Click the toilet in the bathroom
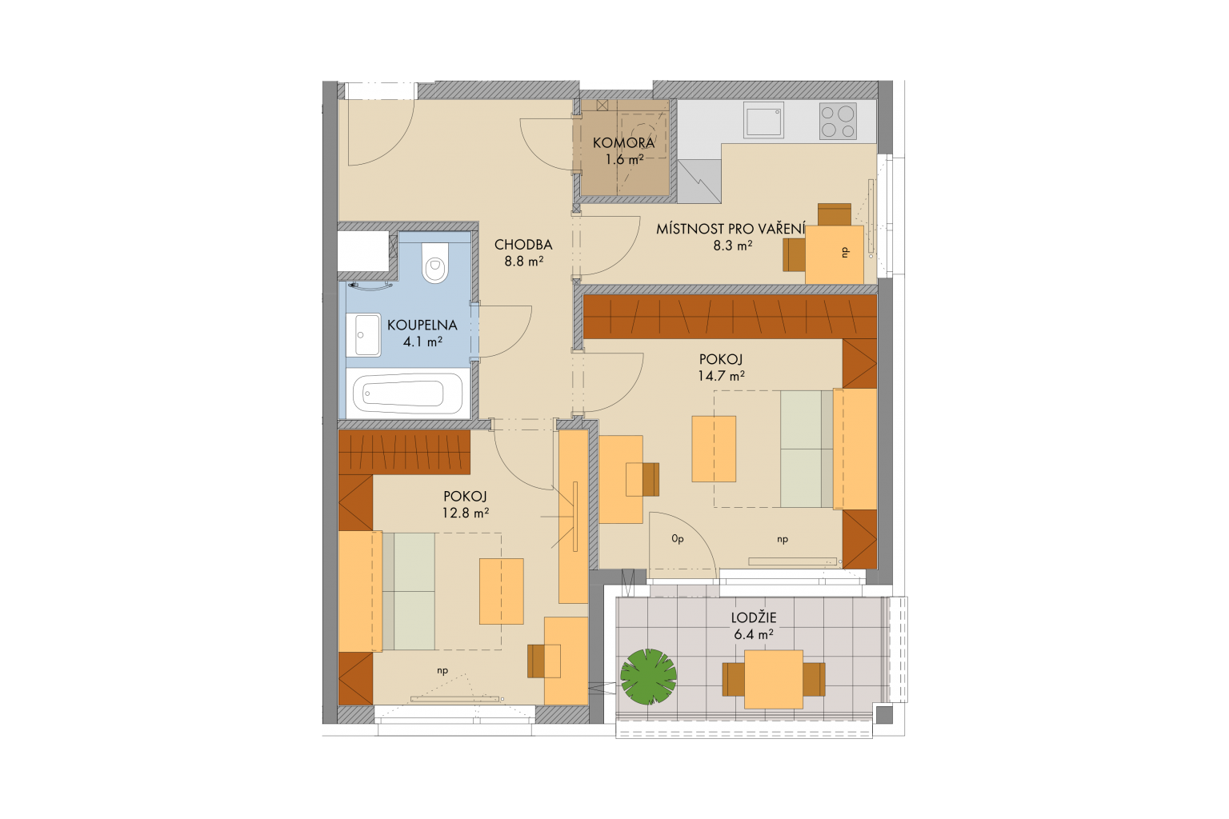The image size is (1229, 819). [435, 263]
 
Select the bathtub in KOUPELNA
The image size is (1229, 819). [406, 393]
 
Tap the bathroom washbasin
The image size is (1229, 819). [367, 334]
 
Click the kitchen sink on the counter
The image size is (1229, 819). [763, 120]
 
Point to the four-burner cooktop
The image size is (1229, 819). [838, 122]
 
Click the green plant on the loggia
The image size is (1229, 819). [648, 677]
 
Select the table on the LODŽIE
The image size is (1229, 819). [774, 679]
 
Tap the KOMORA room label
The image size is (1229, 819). [623, 143]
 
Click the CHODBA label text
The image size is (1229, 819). [523, 245]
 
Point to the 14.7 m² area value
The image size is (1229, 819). [721, 376]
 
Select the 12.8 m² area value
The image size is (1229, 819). [465, 513]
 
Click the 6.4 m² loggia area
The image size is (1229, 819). [753, 635]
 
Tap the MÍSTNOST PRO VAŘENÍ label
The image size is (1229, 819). [731, 229]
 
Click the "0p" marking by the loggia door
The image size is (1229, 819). [678, 539]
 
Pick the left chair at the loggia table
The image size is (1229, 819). [734, 679]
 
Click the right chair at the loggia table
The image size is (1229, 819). [815, 679]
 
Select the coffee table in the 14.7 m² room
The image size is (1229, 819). [713, 449]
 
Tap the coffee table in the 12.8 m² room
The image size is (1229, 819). [501, 591]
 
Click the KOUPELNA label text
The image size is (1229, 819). [422, 325]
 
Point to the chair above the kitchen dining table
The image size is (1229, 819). [834, 214]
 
